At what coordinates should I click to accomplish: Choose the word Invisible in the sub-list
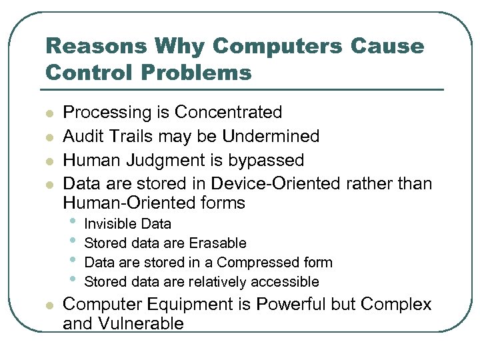pyautogui.click(x=109, y=224)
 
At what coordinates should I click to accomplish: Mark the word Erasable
pyautogui.click(x=217, y=243)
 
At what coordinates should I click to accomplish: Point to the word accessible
pyautogui.click(x=287, y=282)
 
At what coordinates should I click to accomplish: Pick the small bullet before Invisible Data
pyautogui.click(x=73, y=223)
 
